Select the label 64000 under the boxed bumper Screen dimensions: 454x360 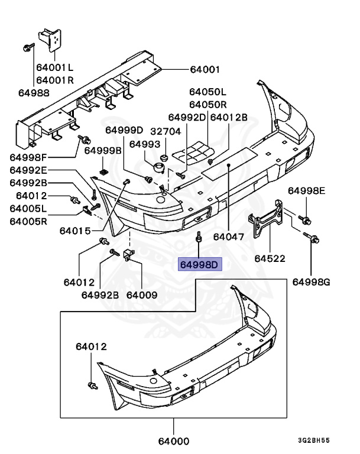(174, 440)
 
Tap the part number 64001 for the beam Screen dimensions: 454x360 (205, 69)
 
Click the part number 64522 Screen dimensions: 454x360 (270, 258)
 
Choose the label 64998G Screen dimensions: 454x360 (311, 281)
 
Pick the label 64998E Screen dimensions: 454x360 (306, 190)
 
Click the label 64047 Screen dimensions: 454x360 (228, 236)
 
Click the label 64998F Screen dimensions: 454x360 (28, 157)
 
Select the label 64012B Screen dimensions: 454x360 (229, 117)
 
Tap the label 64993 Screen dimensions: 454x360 (145, 144)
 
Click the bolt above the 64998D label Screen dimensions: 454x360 (200, 238)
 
